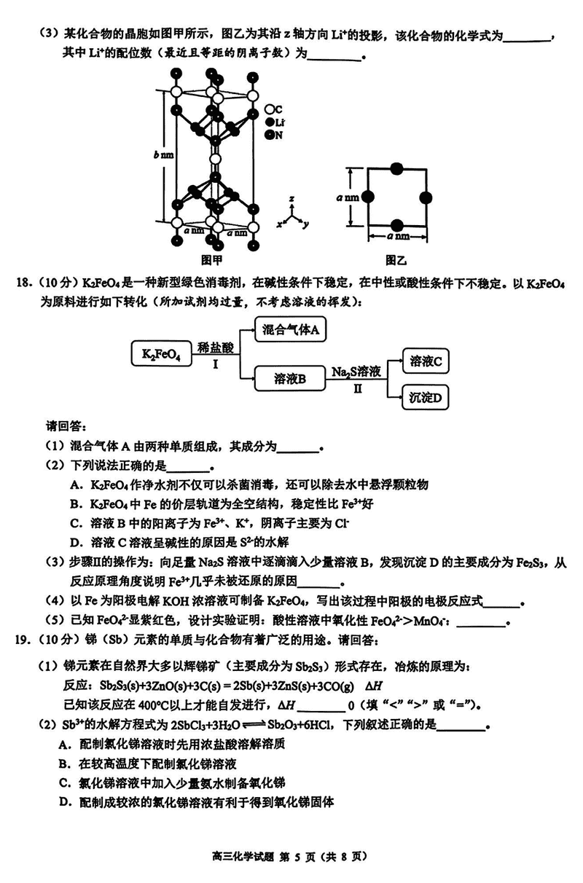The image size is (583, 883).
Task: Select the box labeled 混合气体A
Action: click(291, 330)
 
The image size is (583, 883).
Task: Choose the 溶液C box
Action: click(426, 361)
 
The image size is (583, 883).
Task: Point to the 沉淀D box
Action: click(426, 398)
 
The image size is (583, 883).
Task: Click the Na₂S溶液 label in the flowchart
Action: click(357, 372)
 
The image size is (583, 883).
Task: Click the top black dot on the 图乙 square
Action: click(397, 169)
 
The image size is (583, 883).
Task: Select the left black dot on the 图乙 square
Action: click(368, 197)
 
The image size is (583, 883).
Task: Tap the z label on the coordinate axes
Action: click(291, 199)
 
